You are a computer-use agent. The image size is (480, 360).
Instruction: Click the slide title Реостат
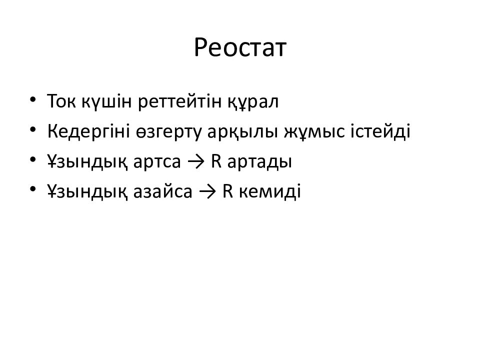coord(240,48)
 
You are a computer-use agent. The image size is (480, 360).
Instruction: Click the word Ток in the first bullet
coord(62,102)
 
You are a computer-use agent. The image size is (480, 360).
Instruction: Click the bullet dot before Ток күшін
coord(33,99)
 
